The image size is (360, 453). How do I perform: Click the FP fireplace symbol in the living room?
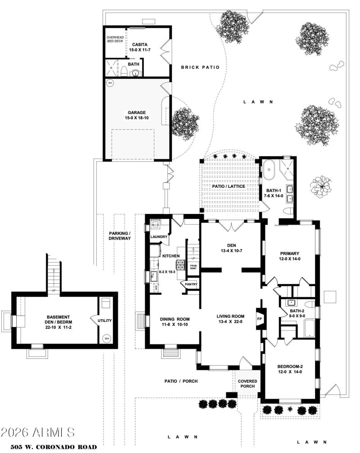coord(259,319)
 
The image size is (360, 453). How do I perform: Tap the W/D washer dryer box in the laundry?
coord(155,224)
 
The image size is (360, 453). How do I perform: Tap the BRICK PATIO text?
coord(200,68)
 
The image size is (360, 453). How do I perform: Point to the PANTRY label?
coord(189,285)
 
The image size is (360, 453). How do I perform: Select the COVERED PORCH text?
coord(247,384)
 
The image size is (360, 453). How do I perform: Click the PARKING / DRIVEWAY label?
coord(120,236)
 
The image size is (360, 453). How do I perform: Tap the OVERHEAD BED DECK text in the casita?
coord(114,39)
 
